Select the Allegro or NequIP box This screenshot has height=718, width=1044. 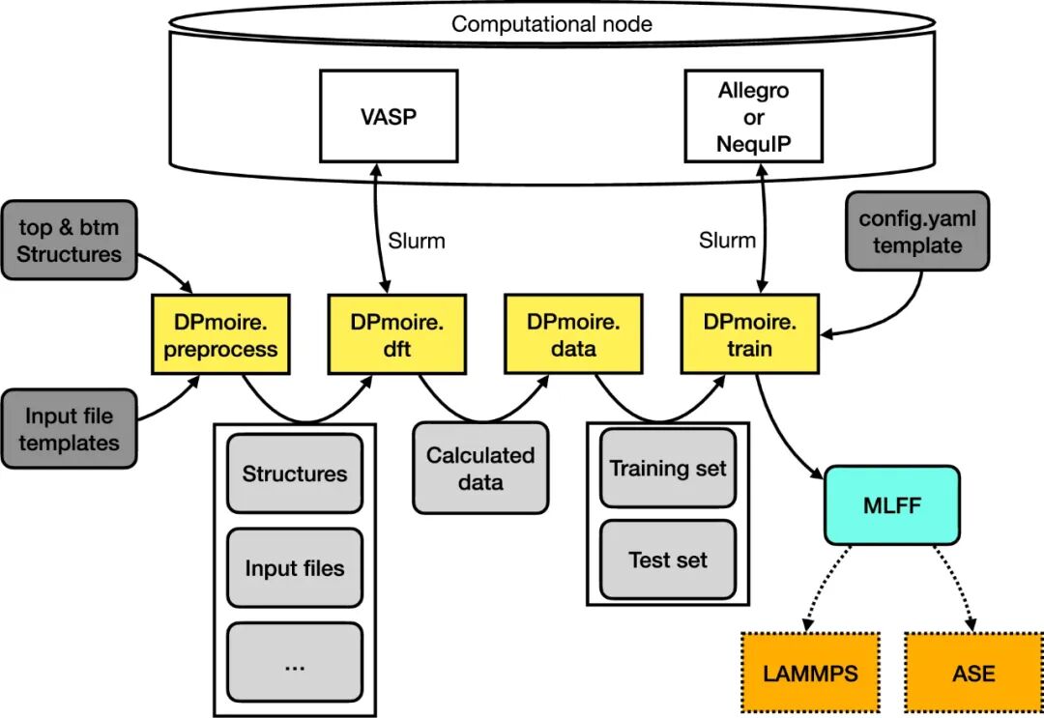pyautogui.click(x=753, y=118)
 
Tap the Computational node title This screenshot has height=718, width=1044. pyautogui.click(x=552, y=24)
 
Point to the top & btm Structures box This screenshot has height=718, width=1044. pyautogui.click(x=69, y=241)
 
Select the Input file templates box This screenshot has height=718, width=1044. pyautogui.click(x=69, y=430)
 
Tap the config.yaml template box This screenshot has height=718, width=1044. pyautogui.click(x=917, y=232)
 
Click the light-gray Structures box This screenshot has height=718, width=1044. pyautogui.click(x=294, y=474)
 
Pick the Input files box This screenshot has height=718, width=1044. pyautogui.click(x=294, y=567)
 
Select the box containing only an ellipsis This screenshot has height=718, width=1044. pyautogui.click(x=294, y=662)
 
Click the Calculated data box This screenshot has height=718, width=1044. pyautogui.click(x=480, y=468)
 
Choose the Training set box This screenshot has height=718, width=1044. pyautogui.click(x=668, y=469)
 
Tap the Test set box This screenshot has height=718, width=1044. pyautogui.click(x=668, y=560)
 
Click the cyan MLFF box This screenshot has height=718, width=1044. pyautogui.click(x=891, y=504)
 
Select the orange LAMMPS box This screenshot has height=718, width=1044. pyautogui.click(x=810, y=673)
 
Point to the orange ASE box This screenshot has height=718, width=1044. pyautogui.click(x=973, y=673)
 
